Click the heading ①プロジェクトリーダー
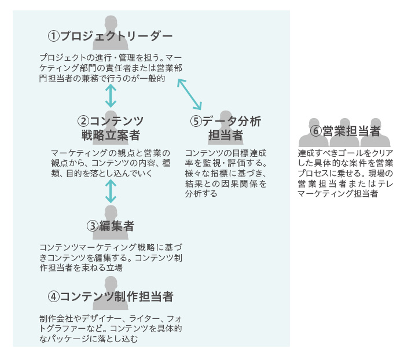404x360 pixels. pyautogui.click(x=110, y=36)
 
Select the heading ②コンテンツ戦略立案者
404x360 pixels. pyautogui.click(x=110, y=128)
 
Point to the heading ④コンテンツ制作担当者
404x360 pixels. pyautogui.click(x=110, y=296)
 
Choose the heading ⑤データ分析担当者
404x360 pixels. pyautogui.click(x=225, y=128)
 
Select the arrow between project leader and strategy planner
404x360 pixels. pyautogui.click(x=110, y=95)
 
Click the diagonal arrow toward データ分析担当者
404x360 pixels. pyautogui.click(x=190, y=94)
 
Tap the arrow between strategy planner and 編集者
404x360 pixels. pyautogui.click(x=110, y=190)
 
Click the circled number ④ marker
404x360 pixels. pyautogui.click(x=53, y=296)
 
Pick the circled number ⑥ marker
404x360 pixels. pyautogui.click(x=316, y=131)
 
